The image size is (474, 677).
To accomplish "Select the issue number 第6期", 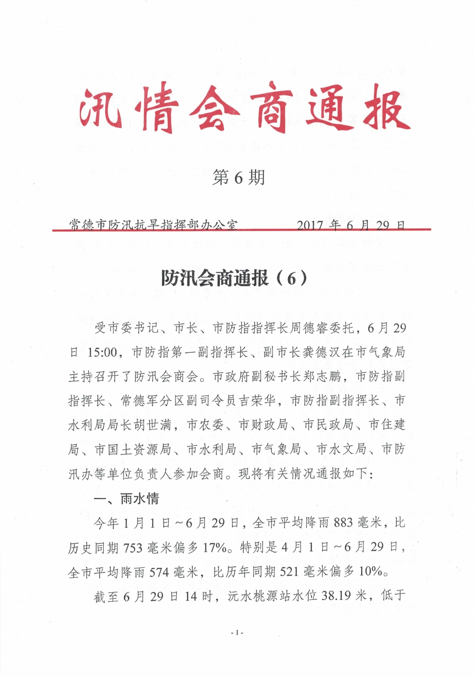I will [238, 178].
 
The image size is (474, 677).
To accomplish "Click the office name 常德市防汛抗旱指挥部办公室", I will [153, 224].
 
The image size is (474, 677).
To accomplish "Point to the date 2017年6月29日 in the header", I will [351, 224].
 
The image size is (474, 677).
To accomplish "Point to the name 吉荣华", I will [257, 400].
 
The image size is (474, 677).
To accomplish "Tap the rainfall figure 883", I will [343, 523].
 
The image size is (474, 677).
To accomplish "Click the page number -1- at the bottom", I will [237, 632].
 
